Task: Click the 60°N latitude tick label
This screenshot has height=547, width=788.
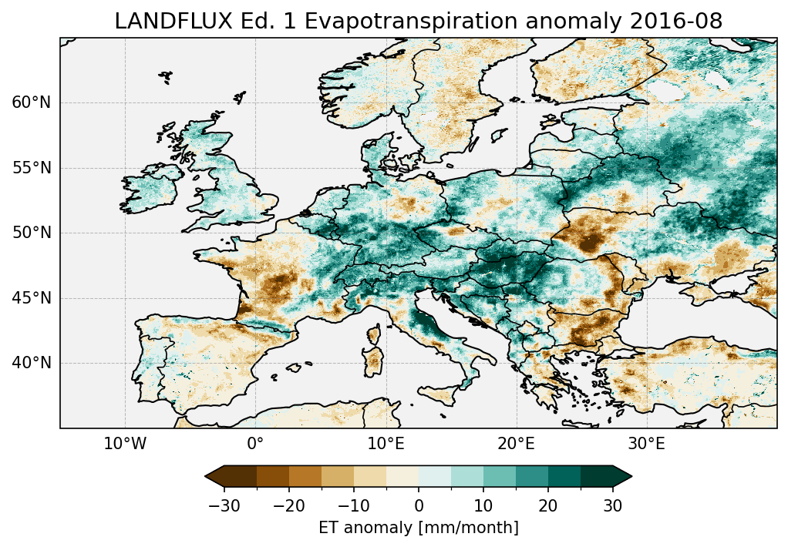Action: [31, 102]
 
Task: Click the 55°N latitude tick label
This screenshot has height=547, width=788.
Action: [31, 168]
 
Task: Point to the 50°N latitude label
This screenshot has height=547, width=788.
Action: [31, 233]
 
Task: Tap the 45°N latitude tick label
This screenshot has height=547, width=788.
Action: [31, 298]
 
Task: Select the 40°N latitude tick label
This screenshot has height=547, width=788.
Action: [31, 363]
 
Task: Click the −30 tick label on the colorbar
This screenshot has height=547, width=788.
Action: [224, 505]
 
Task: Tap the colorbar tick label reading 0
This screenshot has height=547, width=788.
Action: [419, 505]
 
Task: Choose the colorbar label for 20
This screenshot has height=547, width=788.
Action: [548, 505]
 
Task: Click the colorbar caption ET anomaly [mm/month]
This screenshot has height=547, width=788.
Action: [419, 528]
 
